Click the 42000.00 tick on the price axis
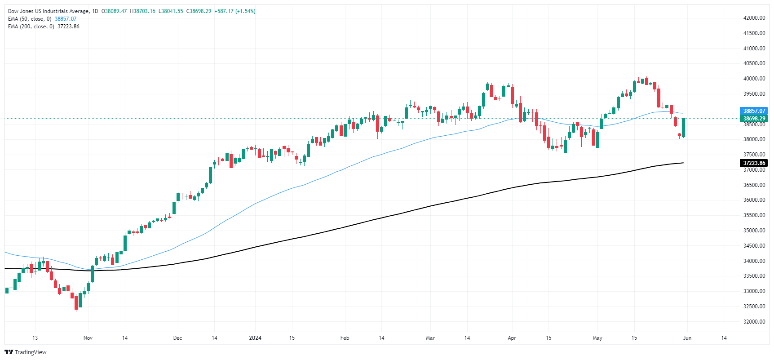tap(754, 18)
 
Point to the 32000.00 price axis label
tap(754, 322)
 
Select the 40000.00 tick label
tap(754, 79)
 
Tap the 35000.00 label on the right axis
tap(754, 231)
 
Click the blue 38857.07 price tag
tap(754, 111)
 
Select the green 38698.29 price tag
tap(754, 119)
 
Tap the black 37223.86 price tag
tap(754, 163)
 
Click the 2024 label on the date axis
tap(255, 338)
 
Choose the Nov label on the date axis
tap(88, 338)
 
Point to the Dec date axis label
tap(177, 338)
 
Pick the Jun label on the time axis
tap(687, 338)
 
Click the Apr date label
tap(512, 338)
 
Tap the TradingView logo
tap(26, 352)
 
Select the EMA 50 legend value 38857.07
tap(66, 19)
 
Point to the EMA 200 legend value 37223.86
tap(68, 27)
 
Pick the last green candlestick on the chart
tap(683, 128)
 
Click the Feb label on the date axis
tap(345, 338)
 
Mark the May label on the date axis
tap(597, 338)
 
